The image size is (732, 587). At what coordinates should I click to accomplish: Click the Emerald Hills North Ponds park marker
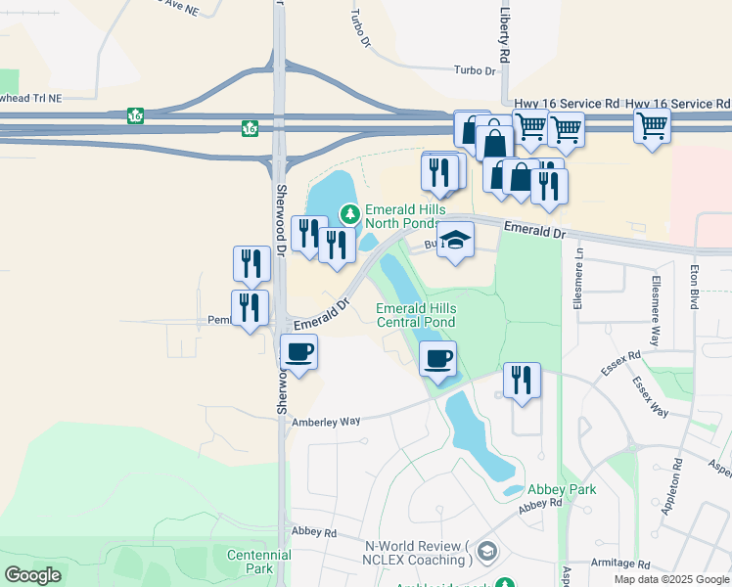click(348, 213)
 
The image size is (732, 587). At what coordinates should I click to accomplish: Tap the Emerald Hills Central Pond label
click(416, 316)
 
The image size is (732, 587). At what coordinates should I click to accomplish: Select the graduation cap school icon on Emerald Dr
click(455, 240)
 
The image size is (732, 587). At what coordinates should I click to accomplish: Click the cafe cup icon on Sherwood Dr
click(299, 351)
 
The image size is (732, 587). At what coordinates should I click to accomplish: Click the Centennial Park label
click(258, 562)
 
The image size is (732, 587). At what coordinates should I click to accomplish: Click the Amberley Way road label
click(327, 421)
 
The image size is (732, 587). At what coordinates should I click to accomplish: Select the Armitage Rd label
click(619, 564)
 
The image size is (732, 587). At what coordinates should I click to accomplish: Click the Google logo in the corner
click(32, 575)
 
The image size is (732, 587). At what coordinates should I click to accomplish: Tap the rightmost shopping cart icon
click(652, 126)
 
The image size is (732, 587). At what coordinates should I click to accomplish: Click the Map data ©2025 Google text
click(671, 579)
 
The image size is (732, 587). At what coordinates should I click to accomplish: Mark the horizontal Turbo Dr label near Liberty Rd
click(477, 70)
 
